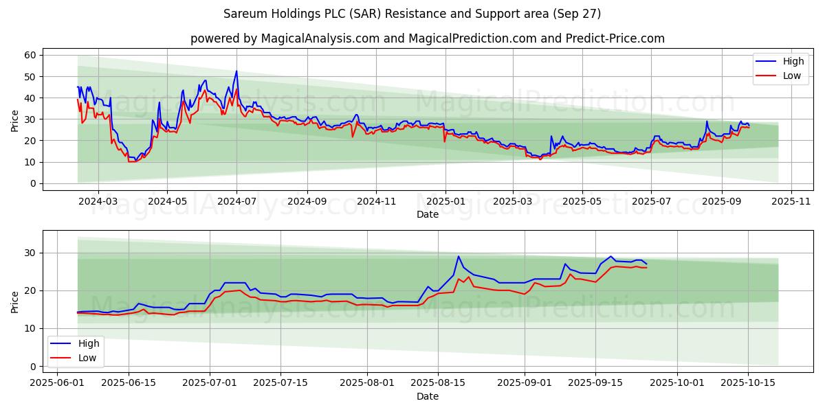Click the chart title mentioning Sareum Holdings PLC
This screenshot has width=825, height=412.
[x=412, y=14]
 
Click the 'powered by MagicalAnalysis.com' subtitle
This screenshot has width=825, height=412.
[x=427, y=38]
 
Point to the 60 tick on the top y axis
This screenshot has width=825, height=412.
[x=30, y=55]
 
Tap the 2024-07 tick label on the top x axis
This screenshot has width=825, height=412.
[x=236, y=202]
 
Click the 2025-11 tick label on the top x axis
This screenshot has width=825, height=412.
[x=791, y=202]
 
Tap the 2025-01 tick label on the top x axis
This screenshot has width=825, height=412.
[x=445, y=202]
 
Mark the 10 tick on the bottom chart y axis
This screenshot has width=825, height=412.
[x=30, y=328]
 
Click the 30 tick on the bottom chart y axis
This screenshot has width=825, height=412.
[x=30, y=253]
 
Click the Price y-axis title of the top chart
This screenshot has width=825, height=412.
[x=15, y=120]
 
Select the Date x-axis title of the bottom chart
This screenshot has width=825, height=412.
[x=427, y=396]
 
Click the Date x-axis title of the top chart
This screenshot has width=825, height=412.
[x=427, y=214]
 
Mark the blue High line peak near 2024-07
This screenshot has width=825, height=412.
[x=236, y=71]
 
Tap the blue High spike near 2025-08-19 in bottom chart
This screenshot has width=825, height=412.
[x=459, y=256]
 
